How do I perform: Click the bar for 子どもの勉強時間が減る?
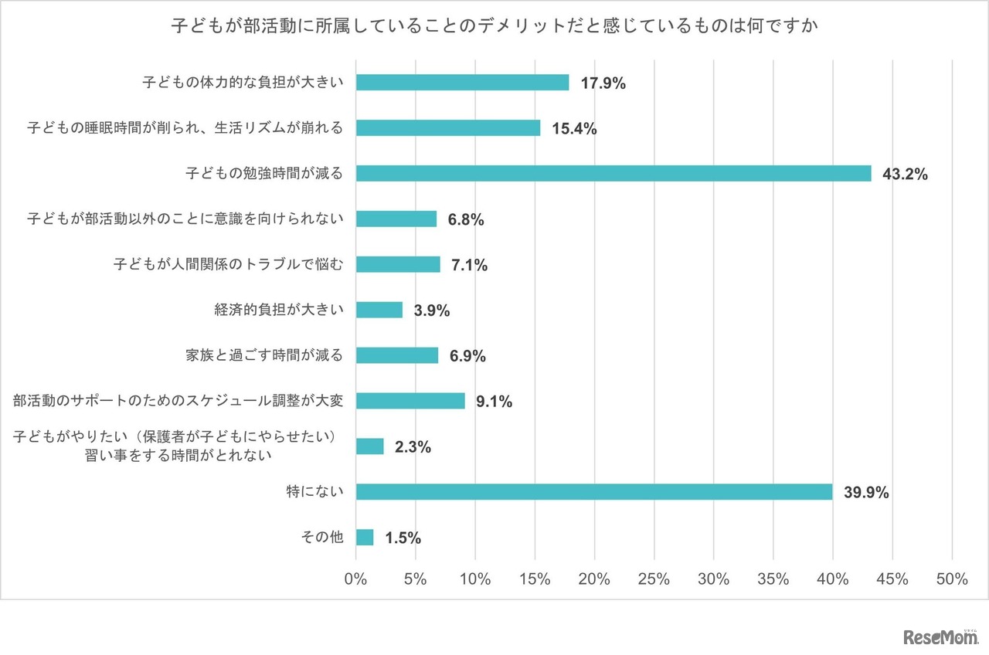tap(613, 174)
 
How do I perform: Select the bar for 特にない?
tap(594, 492)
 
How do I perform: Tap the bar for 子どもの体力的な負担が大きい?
tap(462, 83)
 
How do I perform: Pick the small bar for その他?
tap(365, 538)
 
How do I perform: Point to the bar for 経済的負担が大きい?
tap(379, 310)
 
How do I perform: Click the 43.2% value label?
tap(905, 175)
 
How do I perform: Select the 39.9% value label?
tap(866, 493)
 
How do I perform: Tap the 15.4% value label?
tap(574, 129)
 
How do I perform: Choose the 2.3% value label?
tap(413, 447)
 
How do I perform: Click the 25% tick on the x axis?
tap(654, 579)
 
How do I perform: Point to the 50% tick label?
tap(951, 579)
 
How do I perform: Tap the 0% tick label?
tap(356, 579)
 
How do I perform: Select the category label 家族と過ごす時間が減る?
tap(264, 355)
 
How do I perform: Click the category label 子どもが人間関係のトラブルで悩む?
tap(228, 264)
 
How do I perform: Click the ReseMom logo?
tap(940, 637)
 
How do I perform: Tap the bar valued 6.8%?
tap(396, 219)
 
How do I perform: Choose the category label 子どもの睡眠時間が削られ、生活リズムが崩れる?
tap(185, 128)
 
